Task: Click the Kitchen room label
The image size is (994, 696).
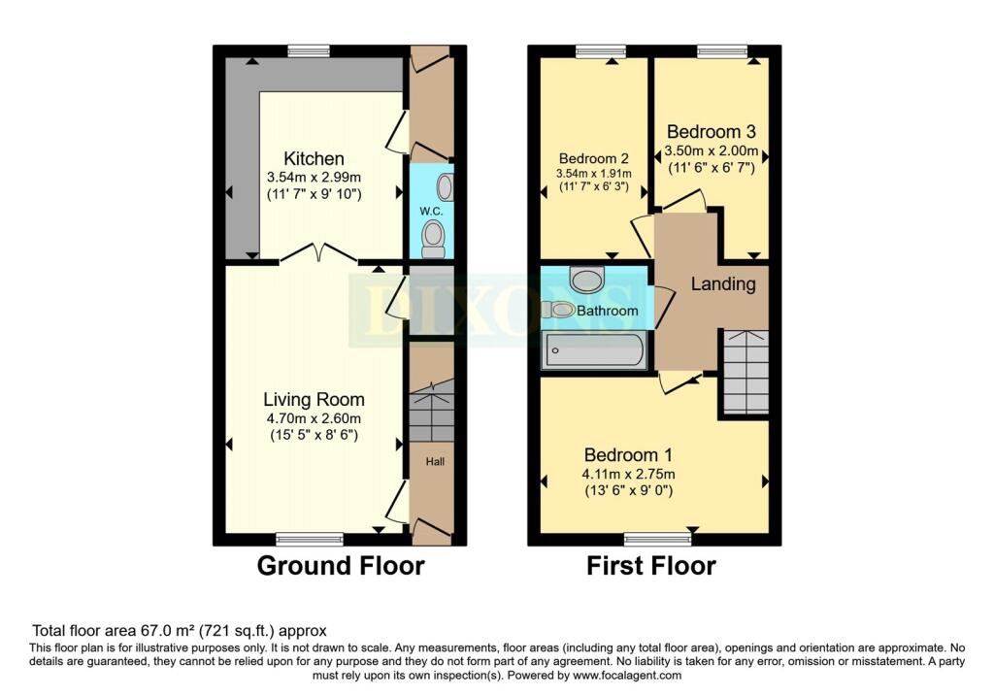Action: point(314,158)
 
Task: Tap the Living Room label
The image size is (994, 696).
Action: point(314,399)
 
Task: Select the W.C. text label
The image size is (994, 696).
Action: point(431,211)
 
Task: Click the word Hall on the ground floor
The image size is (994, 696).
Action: point(434,462)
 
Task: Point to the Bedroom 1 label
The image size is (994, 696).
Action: point(628,454)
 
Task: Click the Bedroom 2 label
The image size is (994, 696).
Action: point(593,158)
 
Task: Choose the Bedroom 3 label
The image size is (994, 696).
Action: point(711,131)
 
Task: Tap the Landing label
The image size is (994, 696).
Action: point(723,284)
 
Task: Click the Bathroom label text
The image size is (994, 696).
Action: point(609,311)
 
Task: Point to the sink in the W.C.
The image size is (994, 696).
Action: point(445,185)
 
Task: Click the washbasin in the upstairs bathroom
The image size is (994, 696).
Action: point(586,280)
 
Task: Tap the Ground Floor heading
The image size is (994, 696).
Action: point(340,565)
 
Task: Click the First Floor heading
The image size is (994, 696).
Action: point(650,565)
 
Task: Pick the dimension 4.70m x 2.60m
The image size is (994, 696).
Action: point(314,418)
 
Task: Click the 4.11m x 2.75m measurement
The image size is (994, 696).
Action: point(628,474)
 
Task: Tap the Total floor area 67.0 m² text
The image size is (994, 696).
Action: point(180,630)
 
